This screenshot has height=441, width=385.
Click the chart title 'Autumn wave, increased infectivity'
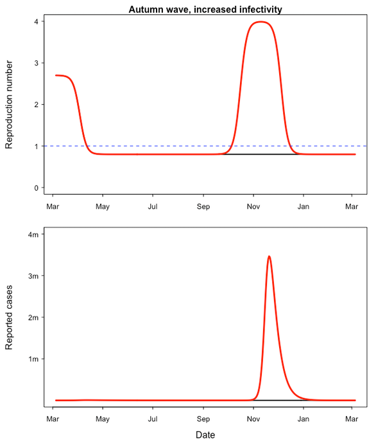coord(205,9)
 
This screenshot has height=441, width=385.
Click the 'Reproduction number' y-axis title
coord(9,104)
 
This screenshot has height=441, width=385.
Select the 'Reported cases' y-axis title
coord(9,318)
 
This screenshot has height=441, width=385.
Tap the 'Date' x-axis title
coord(205,435)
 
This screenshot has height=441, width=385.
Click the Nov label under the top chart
coord(253,207)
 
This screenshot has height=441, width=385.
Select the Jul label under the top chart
coord(153,207)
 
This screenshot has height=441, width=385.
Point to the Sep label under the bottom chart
coord(203,420)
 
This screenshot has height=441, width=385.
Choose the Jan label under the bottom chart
coord(304,420)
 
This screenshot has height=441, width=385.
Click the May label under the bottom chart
coord(103,420)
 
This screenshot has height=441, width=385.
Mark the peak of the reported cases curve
coord(269,256)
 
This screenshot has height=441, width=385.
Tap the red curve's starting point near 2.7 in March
coord(56,75)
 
